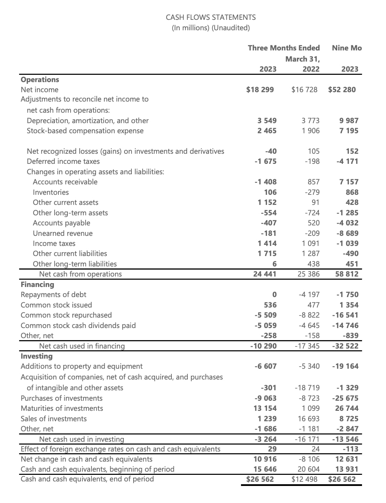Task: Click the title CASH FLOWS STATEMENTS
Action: coord(210,17)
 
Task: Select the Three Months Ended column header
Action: coord(284,48)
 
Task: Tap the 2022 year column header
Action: coord(311,69)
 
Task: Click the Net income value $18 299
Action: coord(260,90)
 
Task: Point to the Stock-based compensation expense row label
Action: coord(85,131)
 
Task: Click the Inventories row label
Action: coord(51,192)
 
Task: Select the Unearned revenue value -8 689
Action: coord(347,233)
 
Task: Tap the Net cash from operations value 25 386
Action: coord(308,274)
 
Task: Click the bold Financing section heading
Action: coord(38,285)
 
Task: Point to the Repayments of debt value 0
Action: coord(274,295)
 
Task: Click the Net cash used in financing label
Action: coord(82,346)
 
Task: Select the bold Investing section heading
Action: coord(37,356)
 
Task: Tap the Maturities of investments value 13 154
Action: coord(265,408)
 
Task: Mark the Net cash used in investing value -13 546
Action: coord(345,439)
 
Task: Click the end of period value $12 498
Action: coord(305,479)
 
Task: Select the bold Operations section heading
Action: coord(40,80)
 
